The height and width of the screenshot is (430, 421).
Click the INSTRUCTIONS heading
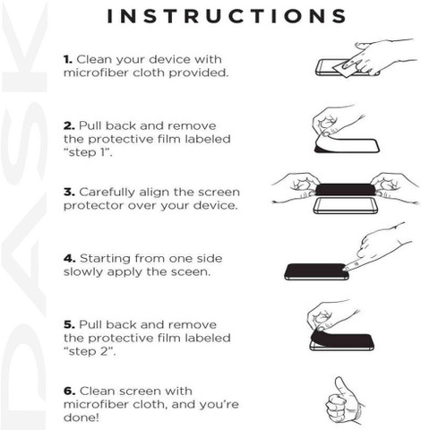[227, 16]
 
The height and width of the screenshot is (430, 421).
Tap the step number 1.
[68, 59]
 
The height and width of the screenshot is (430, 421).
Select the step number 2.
[69, 125]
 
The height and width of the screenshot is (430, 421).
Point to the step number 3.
[69, 192]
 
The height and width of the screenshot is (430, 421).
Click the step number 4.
[69, 258]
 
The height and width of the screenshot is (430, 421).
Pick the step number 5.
[69, 324]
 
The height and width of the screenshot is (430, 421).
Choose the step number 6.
[69, 391]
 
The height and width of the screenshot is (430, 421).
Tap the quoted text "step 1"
[88, 152]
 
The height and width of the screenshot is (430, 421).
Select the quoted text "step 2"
[90, 351]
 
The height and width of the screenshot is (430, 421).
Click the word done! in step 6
[81, 417]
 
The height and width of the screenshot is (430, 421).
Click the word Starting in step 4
[105, 259]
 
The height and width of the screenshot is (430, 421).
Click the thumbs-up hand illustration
[345, 400]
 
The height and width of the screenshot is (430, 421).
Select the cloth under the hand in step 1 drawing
[343, 69]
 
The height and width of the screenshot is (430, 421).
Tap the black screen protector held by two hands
[346, 190]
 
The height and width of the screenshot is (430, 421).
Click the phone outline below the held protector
[346, 206]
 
